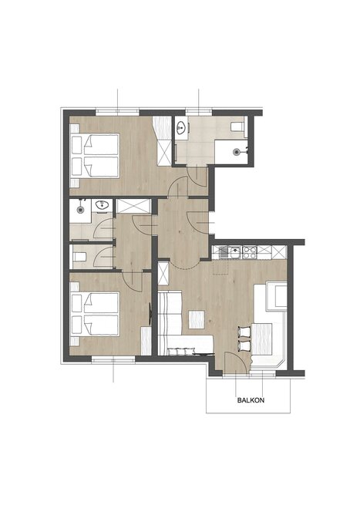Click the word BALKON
coord(251,400)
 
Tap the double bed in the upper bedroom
coord(95,156)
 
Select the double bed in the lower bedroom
coord(95,314)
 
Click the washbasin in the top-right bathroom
coord(181,127)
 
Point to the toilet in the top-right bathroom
coord(237,126)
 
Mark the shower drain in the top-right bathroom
coord(237,151)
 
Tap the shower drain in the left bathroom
coord(80,210)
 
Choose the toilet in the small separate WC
coord(79,258)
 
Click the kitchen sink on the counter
coord(227,252)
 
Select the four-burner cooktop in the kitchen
coord(250,252)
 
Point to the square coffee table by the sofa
coord(197,319)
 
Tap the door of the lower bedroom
coord(133,281)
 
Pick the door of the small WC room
coord(103,257)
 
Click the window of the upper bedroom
coord(117,113)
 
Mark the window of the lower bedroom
coord(113,359)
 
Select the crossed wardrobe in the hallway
coord(133,206)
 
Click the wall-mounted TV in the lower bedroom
coord(150,314)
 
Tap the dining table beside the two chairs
coord(261,339)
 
